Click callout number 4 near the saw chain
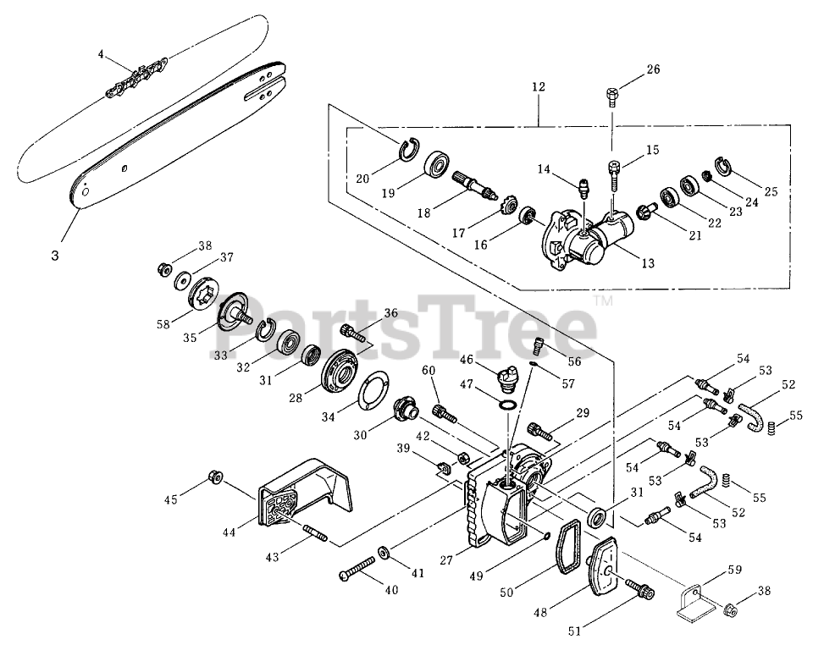coord(101,54)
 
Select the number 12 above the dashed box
coord(539,87)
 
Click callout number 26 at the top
coord(652,69)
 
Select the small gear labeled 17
coord(489,207)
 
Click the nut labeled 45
coord(215,479)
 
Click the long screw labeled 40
coord(358,568)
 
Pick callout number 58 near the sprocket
coord(164,324)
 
